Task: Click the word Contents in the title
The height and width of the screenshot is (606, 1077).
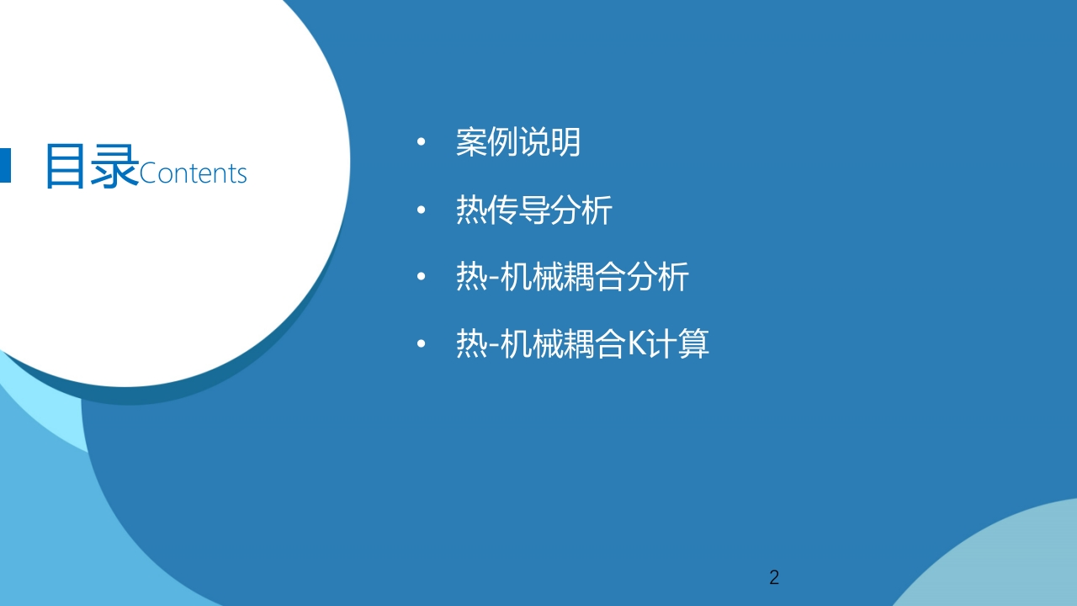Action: (x=193, y=173)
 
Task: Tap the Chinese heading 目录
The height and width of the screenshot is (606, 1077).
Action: (x=92, y=166)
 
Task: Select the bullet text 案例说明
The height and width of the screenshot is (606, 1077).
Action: (x=518, y=142)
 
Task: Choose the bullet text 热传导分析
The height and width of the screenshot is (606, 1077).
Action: (x=533, y=210)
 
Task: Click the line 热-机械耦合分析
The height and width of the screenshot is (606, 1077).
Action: (x=572, y=277)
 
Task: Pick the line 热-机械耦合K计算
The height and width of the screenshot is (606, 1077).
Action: (x=582, y=343)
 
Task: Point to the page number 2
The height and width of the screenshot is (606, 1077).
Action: (x=774, y=577)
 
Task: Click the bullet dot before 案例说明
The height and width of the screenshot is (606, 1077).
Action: (x=422, y=142)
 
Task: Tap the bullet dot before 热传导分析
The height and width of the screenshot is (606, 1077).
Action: (x=422, y=210)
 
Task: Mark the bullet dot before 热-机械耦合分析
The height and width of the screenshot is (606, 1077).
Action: (x=422, y=277)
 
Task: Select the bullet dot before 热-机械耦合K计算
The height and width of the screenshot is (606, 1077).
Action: (x=422, y=343)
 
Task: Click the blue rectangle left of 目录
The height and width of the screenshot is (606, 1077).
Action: (x=5, y=166)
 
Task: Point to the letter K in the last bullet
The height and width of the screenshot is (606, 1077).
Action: (x=636, y=343)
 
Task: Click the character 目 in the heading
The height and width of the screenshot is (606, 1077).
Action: (x=66, y=166)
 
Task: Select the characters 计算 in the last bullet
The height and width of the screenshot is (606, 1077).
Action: (x=677, y=343)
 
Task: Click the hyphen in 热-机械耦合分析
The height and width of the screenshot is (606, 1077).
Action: (x=493, y=279)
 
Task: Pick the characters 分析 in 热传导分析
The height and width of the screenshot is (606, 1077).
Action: (x=581, y=210)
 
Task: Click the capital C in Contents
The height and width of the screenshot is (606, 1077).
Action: (x=146, y=173)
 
